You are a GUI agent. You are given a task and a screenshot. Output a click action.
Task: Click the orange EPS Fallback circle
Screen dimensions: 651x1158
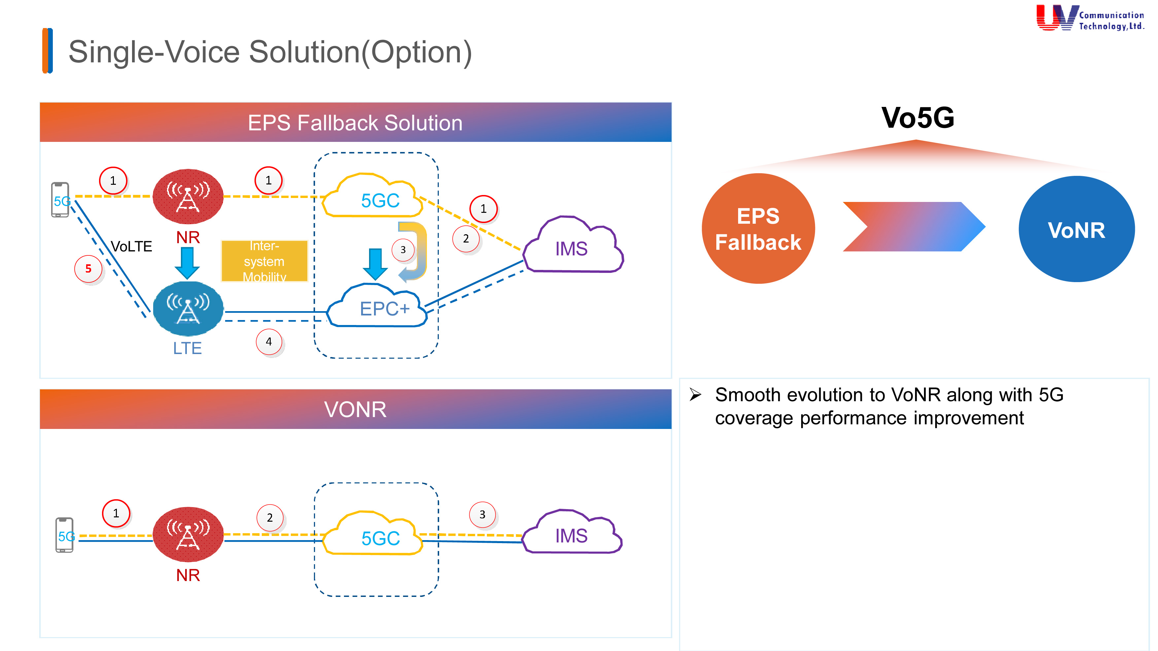point(758,229)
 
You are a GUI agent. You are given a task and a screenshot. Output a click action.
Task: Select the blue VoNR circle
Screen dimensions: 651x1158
point(1076,229)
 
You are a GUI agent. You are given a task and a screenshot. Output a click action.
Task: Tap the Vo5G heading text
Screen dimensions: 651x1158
point(917,118)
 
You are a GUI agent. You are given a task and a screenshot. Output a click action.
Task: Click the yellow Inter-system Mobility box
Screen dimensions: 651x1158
point(264,261)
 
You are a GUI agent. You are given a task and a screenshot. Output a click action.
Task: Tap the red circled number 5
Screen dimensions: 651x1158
point(88,269)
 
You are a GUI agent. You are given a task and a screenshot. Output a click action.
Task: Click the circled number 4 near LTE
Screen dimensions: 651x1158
point(269,342)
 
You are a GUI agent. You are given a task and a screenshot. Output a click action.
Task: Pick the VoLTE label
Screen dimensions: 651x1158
point(131,246)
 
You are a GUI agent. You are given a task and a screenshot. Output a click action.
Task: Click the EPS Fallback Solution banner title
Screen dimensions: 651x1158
point(355,123)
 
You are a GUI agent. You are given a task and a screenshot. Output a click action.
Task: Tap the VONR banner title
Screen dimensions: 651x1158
point(355,409)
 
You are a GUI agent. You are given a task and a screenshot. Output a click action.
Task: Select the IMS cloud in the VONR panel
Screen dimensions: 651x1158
point(571,534)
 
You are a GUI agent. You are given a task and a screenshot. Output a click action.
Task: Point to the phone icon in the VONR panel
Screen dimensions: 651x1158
point(64,535)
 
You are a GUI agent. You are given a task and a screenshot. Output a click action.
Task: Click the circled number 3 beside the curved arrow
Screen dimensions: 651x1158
point(403,250)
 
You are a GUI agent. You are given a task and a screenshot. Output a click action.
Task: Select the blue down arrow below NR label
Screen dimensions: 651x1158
point(187,263)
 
